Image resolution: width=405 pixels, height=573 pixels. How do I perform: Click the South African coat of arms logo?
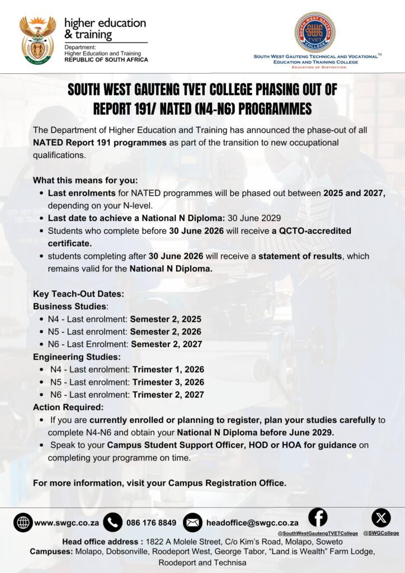tap(37, 39)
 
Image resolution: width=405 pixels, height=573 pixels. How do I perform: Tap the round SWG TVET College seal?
tap(315, 32)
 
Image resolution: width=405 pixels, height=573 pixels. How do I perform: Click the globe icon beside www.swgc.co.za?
tap(23, 522)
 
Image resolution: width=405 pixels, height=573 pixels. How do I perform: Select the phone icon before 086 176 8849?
tap(112, 522)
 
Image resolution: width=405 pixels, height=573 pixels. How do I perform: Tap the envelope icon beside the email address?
tap(192, 522)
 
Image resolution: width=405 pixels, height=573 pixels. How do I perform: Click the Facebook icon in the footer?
tap(318, 516)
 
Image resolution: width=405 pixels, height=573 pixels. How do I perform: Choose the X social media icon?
tap(381, 518)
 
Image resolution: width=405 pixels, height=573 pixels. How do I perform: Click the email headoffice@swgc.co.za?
tap(252, 523)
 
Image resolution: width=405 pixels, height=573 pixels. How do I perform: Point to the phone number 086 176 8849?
tap(151, 523)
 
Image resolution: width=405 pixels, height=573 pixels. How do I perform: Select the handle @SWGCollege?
tap(381, 533)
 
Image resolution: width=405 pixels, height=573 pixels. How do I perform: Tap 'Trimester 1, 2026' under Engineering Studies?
tap(168, 369)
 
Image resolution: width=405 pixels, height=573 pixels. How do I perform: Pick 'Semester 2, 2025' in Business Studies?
tap(166, 319)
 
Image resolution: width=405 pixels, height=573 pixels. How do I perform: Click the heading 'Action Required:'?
tap(68, 407)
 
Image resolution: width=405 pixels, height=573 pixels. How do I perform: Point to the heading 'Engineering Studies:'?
tap(77, 357)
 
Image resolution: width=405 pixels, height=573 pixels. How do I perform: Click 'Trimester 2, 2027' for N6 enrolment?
tap(168, 394)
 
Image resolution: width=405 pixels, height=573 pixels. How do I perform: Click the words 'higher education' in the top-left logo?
tap(105, 23)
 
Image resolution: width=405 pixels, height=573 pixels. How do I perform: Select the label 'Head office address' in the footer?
tap(102, 542)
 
